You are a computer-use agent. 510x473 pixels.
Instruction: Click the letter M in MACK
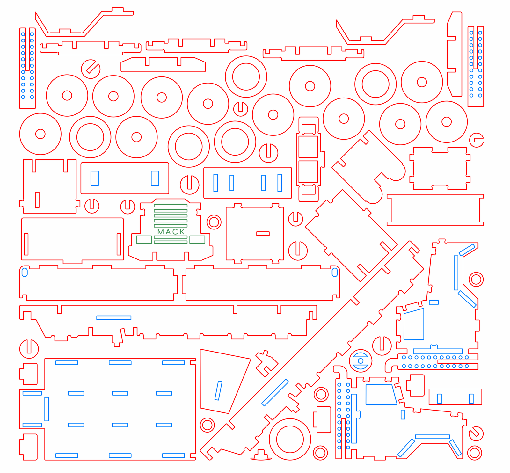[x=160, y=232]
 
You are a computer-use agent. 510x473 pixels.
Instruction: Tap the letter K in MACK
[x=182, y=232]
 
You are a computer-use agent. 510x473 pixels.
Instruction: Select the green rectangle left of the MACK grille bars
[x=144, y=239]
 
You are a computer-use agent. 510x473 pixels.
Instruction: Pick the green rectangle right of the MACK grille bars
[x=197, y=239]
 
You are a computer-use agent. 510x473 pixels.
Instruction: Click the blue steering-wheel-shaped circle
[x=361, y=361]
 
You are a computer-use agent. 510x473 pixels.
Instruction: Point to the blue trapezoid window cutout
[x=381, y=395]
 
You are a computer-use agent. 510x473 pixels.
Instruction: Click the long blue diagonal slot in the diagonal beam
[x=275, y=392]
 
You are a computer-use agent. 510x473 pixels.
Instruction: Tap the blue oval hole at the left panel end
[x=25, y=273]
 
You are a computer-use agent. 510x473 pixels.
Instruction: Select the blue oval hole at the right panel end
[x=335, y=272]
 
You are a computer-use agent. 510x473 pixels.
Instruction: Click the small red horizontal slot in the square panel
[x=263, y=234]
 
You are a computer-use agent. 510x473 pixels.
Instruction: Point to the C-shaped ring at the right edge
[x=476, y=140]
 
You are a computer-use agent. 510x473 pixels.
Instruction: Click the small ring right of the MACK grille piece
[x=214, y=222]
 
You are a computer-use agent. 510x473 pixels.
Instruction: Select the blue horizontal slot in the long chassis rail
[x=114, y=318]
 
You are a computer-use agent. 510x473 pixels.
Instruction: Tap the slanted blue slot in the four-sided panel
[x=218, y=390]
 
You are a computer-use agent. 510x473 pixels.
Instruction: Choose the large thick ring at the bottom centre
[x=290, y=439]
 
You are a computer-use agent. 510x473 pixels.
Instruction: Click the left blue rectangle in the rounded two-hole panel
[x=95, y=178]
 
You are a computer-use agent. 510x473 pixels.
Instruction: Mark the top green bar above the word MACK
[x=171, y=206]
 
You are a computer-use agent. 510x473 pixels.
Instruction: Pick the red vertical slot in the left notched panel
[x=37, y=200]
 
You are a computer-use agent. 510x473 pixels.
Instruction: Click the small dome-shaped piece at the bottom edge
[x=261, y=455]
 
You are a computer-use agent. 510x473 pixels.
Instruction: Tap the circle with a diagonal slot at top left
[x=91, y=69]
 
